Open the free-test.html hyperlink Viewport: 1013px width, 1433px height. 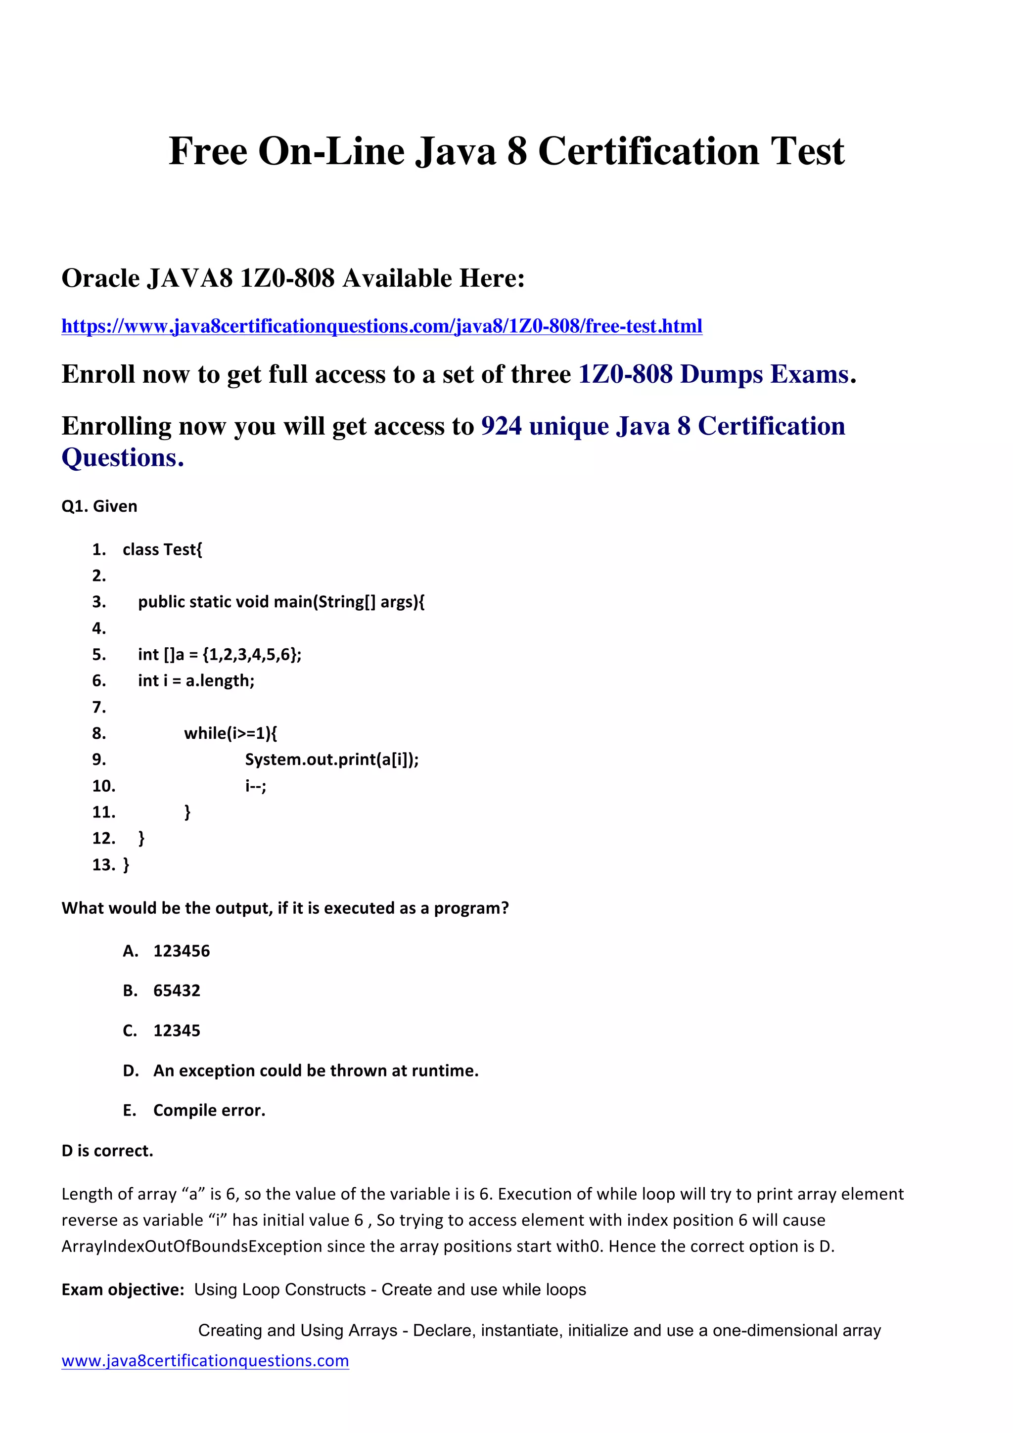(x=381, y=326)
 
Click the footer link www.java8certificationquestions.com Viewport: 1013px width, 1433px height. (x=205, y=1361)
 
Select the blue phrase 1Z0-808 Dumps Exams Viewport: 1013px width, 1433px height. (x=713, y=374)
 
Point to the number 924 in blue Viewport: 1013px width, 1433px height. (x=501, y=426)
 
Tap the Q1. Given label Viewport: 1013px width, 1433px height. (x=99, y=506)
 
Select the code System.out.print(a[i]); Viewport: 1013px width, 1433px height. (x=331, y=760)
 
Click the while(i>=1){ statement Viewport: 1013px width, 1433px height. (x=230, y=733)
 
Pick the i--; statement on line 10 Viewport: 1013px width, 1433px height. (x=255, y=786)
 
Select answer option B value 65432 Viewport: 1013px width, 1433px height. (x=177, y=991)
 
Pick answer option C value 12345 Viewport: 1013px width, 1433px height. (x=177, y=1031)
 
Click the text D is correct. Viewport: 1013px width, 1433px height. (x=107, y=1151)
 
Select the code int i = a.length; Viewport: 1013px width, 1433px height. (x=196, y=681)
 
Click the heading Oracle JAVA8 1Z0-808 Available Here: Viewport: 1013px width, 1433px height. (x=293, y=278)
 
